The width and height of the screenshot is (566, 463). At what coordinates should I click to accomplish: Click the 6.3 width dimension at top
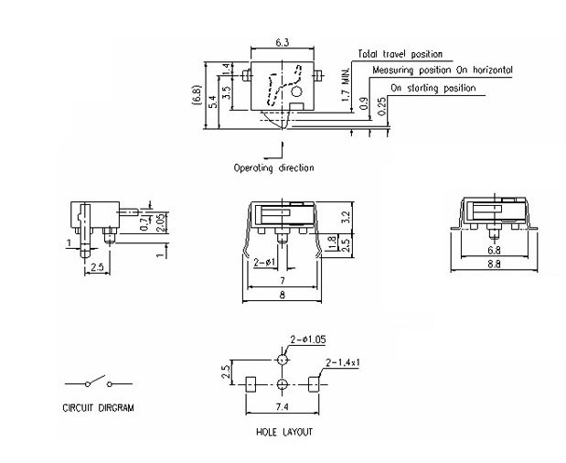pos(282,42)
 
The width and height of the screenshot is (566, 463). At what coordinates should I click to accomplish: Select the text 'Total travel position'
pos(400,55)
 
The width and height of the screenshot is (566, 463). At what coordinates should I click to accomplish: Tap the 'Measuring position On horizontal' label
pos(442,70)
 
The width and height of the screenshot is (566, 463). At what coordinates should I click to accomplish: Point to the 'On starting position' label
pos(433,88)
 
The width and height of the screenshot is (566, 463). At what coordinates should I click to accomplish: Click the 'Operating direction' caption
pos(273,167)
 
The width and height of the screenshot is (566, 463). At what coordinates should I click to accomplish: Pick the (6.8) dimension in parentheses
pos(197,94)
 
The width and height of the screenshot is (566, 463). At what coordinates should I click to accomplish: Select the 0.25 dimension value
pos(381,104)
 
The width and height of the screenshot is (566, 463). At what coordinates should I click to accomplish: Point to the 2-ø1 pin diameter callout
pos(265,263)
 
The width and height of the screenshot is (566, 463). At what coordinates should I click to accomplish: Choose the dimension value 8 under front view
pos(283,295)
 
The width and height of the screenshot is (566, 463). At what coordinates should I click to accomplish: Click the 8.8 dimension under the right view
pos(495,264)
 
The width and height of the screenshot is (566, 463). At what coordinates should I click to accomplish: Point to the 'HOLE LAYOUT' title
pos(284,432)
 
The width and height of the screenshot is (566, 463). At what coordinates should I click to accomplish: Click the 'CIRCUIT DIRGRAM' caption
pos(98,408)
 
